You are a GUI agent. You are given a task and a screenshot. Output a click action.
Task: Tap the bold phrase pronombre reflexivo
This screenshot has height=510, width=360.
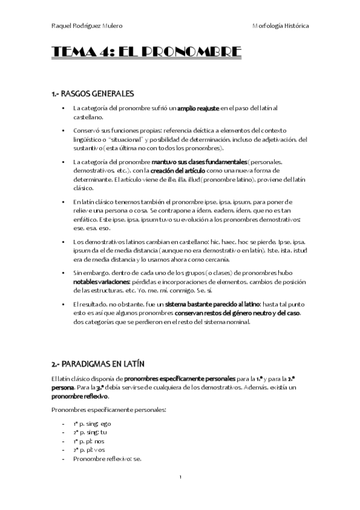79,397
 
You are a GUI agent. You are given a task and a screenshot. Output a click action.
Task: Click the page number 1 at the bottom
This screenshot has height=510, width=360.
180,477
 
